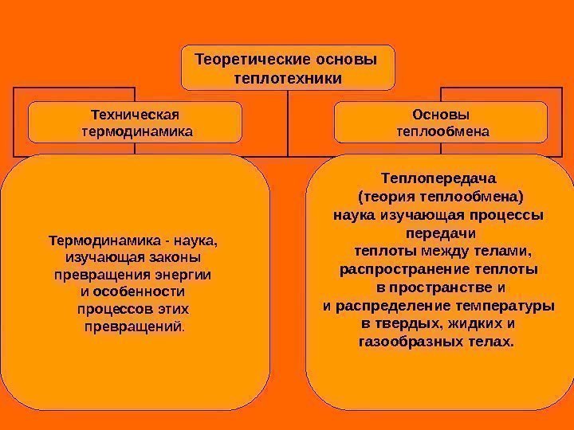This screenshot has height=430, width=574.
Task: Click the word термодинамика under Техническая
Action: tap(137, 128)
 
